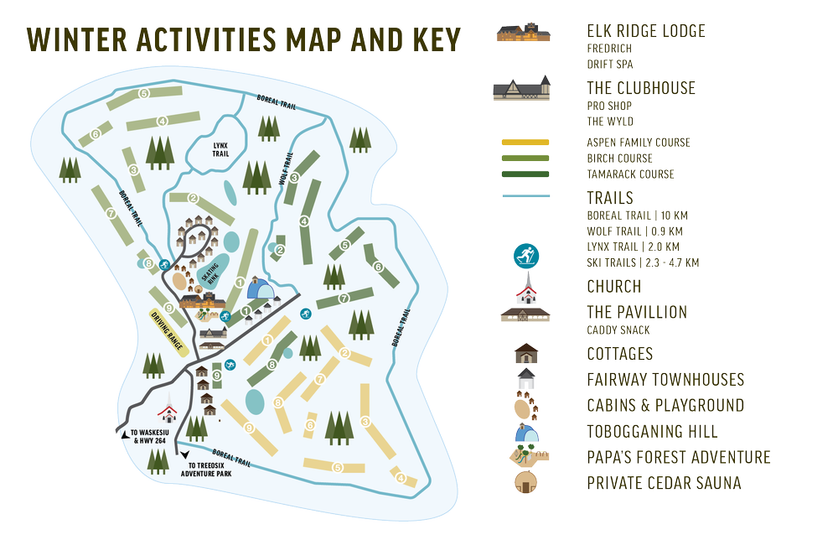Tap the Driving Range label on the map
click(x=165, y=330)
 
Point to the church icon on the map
click(x=168, y=411)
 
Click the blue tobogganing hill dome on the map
click(x=260, y=291)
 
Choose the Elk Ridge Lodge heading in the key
click(x=645, y=32)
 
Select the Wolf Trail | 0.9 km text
click(x=634, y=231)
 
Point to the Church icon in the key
click(x=526, y=289)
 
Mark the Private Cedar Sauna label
click(x=664, y=484)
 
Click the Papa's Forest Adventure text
click(x=678, y=458)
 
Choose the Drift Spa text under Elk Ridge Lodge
click(x=609, y=64)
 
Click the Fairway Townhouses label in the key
click(x=665, y=380)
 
